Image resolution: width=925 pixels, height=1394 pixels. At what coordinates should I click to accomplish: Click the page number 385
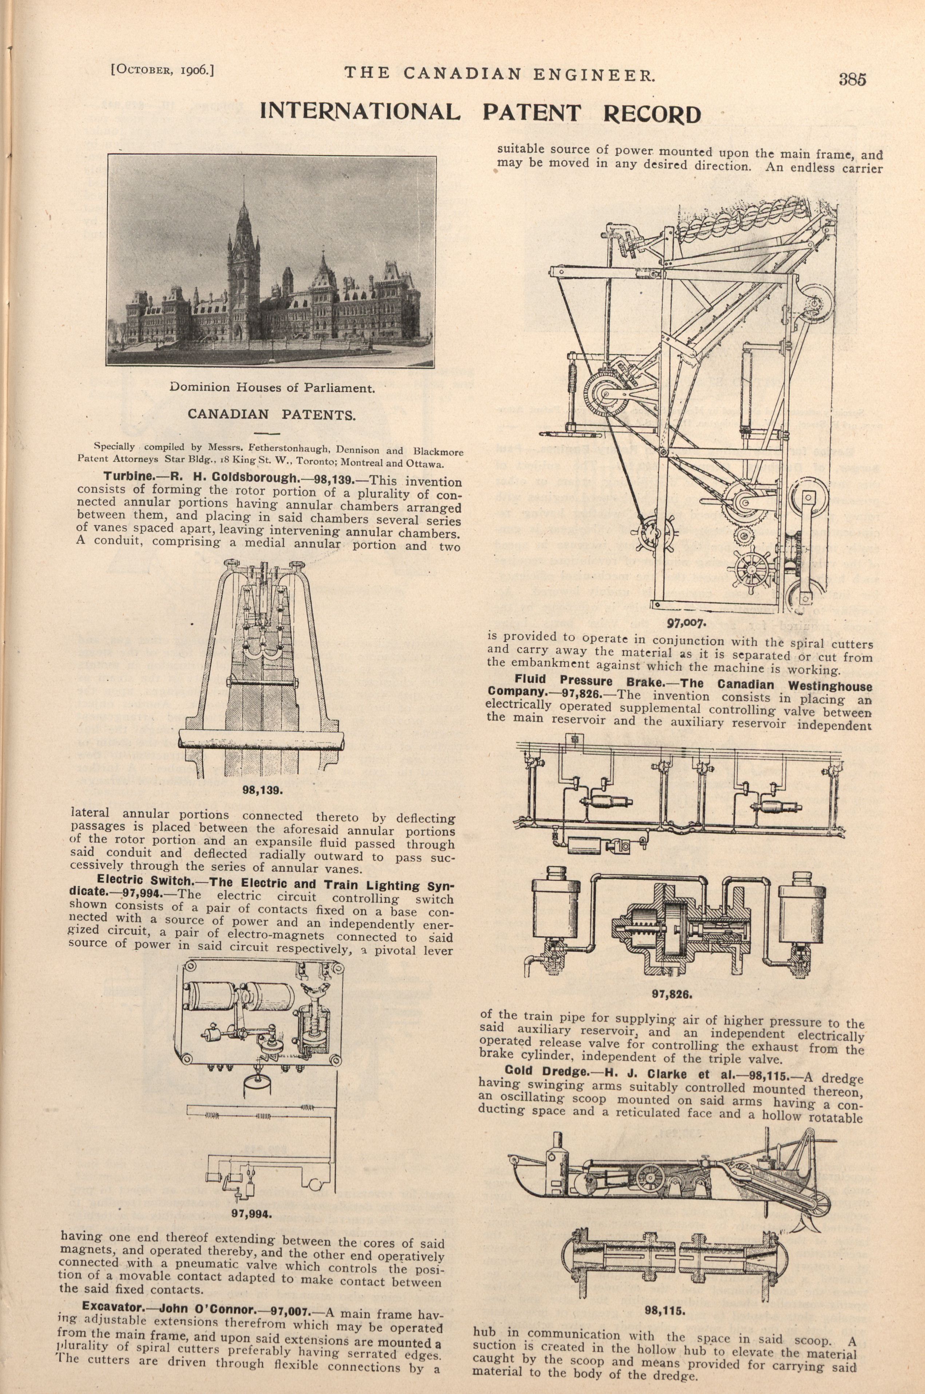[x=852, y=79]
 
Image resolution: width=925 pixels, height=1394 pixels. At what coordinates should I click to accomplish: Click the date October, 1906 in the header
[x=162, y=70]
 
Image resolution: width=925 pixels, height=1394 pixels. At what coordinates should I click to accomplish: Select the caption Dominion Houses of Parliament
[x=272, y=388]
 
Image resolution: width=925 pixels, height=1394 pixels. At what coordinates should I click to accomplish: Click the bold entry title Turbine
[x=126, y=476]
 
